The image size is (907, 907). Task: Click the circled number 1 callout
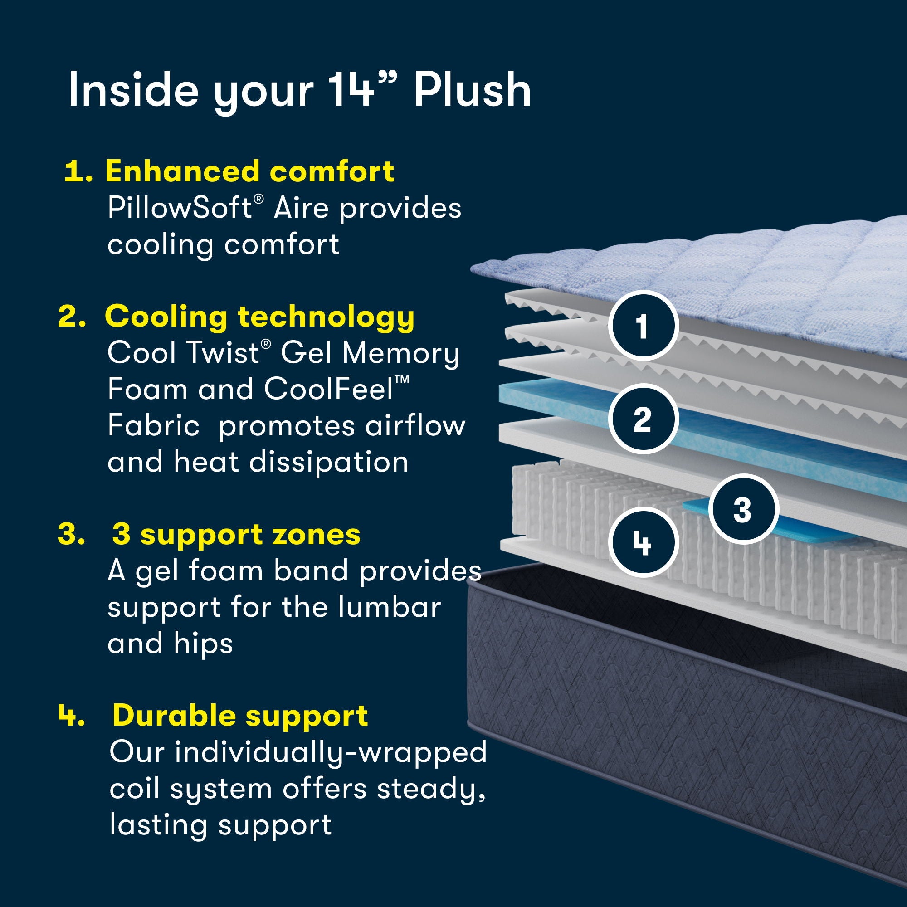pos(643,325)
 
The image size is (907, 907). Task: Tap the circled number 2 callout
pos(643,419)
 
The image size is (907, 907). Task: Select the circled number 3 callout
pos(743,509)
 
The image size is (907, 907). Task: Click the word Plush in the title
pos(472,90)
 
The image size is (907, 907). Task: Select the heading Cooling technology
pos(259,317)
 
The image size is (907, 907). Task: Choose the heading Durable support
pos(240,716)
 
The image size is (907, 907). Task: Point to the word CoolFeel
pos(329,389)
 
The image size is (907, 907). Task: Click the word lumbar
pos(389,607)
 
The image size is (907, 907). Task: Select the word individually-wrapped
pos(331,752)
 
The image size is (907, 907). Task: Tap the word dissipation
pos(329,462)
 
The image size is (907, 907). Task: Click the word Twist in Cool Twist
pos(222,352)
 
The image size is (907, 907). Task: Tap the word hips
pos(203,644)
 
